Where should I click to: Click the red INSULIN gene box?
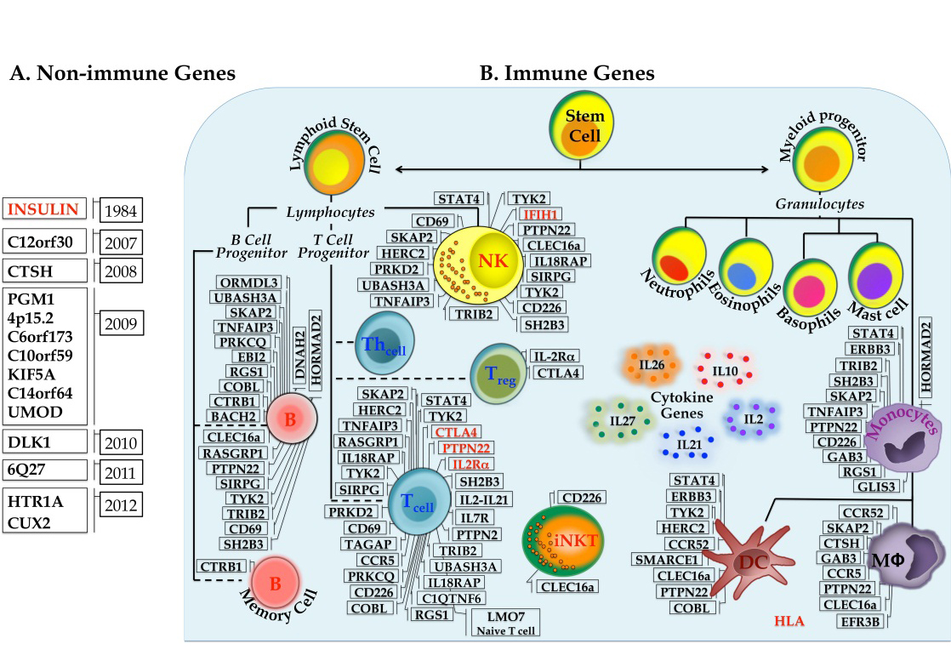coord(44,208)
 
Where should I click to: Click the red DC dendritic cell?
coord(749,560)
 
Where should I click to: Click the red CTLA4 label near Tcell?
coord(458,432)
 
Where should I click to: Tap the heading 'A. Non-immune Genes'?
coord(122,74)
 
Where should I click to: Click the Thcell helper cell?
coord(384,343)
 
